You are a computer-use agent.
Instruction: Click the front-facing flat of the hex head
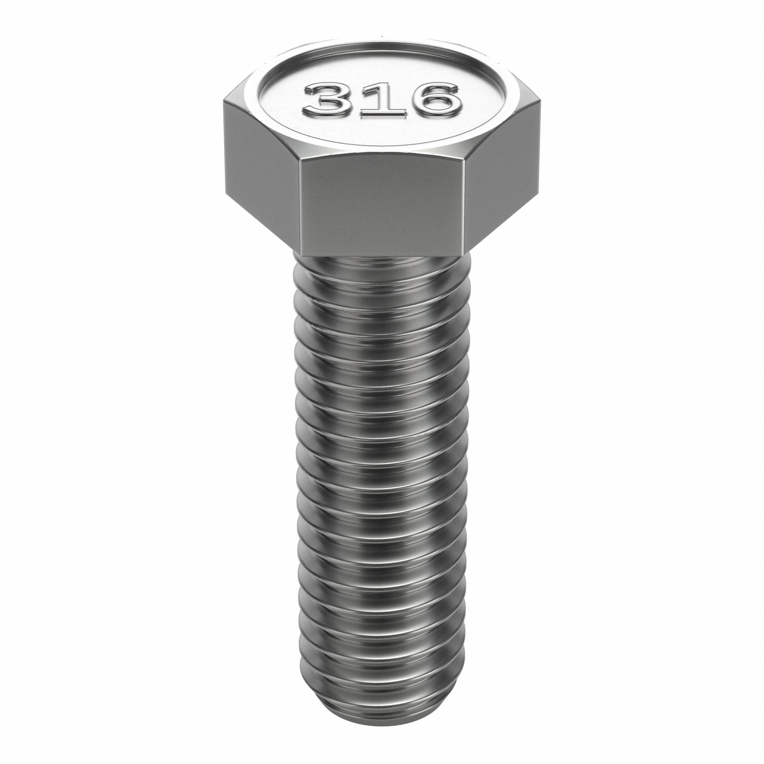pos(381,206)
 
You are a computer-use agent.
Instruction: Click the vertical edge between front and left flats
pos(299,206)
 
